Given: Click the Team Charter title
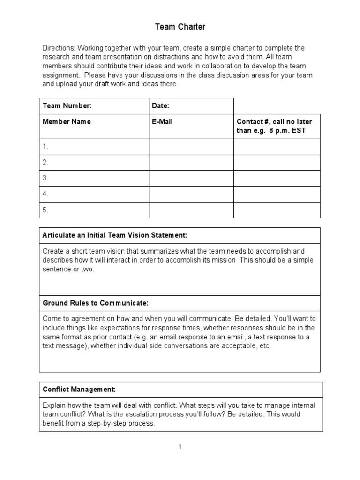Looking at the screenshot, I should (180, 27).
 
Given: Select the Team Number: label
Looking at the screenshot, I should (67, 106).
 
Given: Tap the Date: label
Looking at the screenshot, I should (160, 106).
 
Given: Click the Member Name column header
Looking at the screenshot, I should (67, 122).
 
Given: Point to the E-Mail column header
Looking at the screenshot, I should (162, 122).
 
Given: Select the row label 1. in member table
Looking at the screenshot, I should (45, 147).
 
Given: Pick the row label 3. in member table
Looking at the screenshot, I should (45, 178).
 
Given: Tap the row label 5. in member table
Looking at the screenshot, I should (45, 210).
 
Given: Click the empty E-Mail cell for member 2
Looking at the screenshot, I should (191, 163).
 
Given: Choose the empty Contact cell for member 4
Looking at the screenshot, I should (277, 194).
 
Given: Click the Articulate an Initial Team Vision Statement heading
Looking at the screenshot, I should (115, 235).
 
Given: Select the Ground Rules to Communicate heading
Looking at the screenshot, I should (95, 303).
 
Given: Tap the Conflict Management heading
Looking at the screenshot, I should (79, 390).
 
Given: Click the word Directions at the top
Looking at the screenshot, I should (59, 48).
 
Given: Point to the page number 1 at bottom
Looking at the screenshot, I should (180, 447).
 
